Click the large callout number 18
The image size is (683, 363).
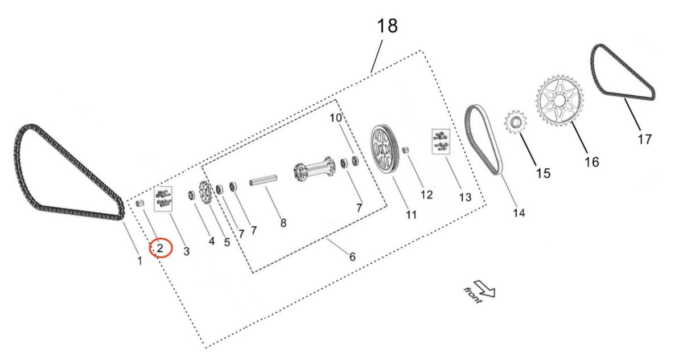386,26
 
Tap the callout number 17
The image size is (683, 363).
644,138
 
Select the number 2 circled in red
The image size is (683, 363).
161,248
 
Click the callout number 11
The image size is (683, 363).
411,215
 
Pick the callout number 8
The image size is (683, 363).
283,223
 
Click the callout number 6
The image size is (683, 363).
352,257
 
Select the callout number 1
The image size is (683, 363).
139,261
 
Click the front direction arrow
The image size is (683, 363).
487,289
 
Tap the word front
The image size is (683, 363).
472,295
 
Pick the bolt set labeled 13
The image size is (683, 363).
441,141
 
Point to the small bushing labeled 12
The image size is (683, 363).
407,150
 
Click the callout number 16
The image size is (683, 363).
591,162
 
